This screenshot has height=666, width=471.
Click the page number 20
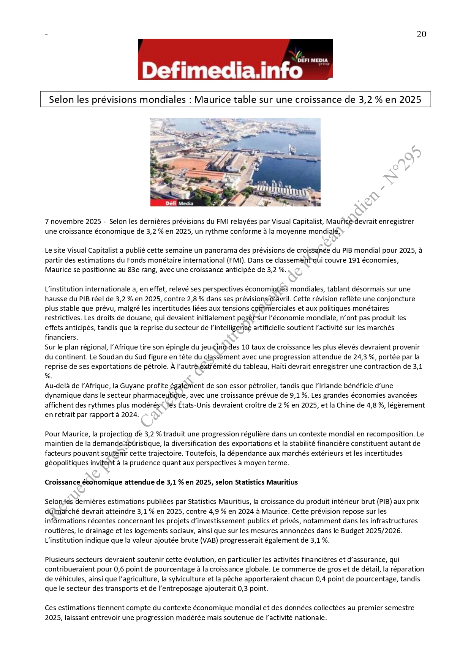421,34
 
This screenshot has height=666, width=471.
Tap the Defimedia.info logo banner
235,59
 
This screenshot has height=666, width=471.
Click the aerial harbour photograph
235,162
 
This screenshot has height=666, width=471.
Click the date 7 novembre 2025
73,222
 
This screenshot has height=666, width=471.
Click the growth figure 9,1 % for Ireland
299,395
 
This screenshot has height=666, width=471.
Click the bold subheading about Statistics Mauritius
171,482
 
